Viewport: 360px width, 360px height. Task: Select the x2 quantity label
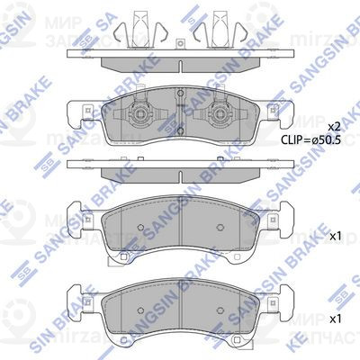tap(334, 126)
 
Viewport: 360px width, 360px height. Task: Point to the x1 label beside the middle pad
tap(335, 236)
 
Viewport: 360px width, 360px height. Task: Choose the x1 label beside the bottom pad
tap(335, 319)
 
